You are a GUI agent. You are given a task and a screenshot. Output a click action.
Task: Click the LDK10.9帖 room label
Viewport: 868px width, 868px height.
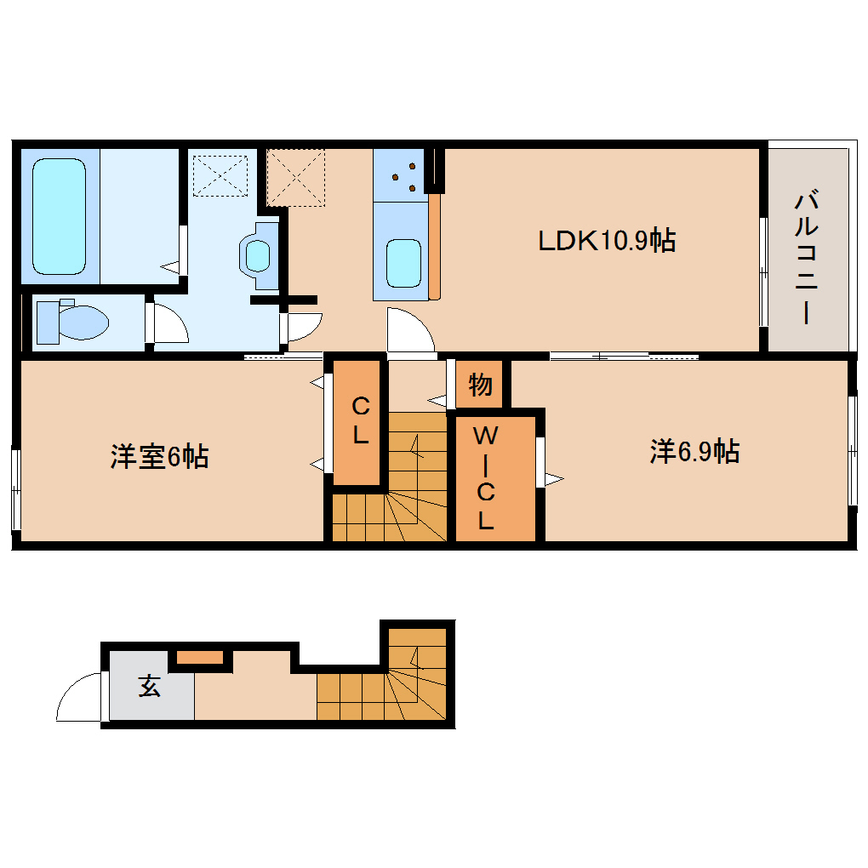[x=607, y=242]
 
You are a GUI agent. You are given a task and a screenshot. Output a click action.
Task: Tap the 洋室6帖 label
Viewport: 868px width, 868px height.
[x=159, y=457]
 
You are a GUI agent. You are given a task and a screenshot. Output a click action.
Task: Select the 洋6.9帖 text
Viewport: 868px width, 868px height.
[x=694, y=451]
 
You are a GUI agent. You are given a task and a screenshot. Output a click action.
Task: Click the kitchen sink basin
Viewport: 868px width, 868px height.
[x=403, y=263]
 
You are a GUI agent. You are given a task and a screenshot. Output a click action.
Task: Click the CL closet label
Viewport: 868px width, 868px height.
[x=359, y=420]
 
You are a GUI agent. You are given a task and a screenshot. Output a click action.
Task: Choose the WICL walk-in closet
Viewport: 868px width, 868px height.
[x=485, y=477]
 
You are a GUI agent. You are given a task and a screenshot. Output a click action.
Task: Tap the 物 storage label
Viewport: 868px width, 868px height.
[x=480, y=385]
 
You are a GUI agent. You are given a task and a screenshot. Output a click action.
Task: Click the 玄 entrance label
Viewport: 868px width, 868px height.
[x=151, y=686]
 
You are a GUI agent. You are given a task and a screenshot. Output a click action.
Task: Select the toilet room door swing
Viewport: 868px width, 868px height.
[x=168, y=323]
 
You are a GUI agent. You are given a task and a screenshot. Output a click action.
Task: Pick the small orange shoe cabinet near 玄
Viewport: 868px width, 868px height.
[x=200, y=656]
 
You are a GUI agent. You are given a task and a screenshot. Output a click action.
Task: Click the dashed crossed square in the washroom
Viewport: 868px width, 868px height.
[x=220, y=175]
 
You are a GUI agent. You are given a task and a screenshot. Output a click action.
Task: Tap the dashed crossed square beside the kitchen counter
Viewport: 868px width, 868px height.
[x=295, y=177]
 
